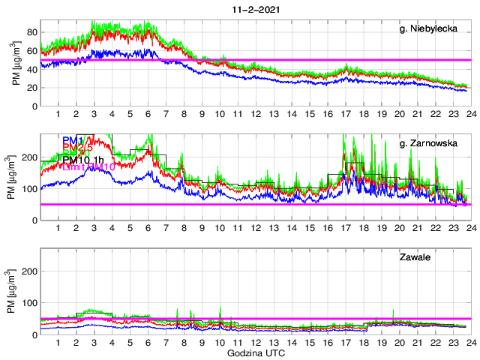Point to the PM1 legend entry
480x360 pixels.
tap(73, 140)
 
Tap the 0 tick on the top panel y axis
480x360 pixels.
tap(34, 106)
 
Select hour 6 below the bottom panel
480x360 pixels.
tap(148, 342)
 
